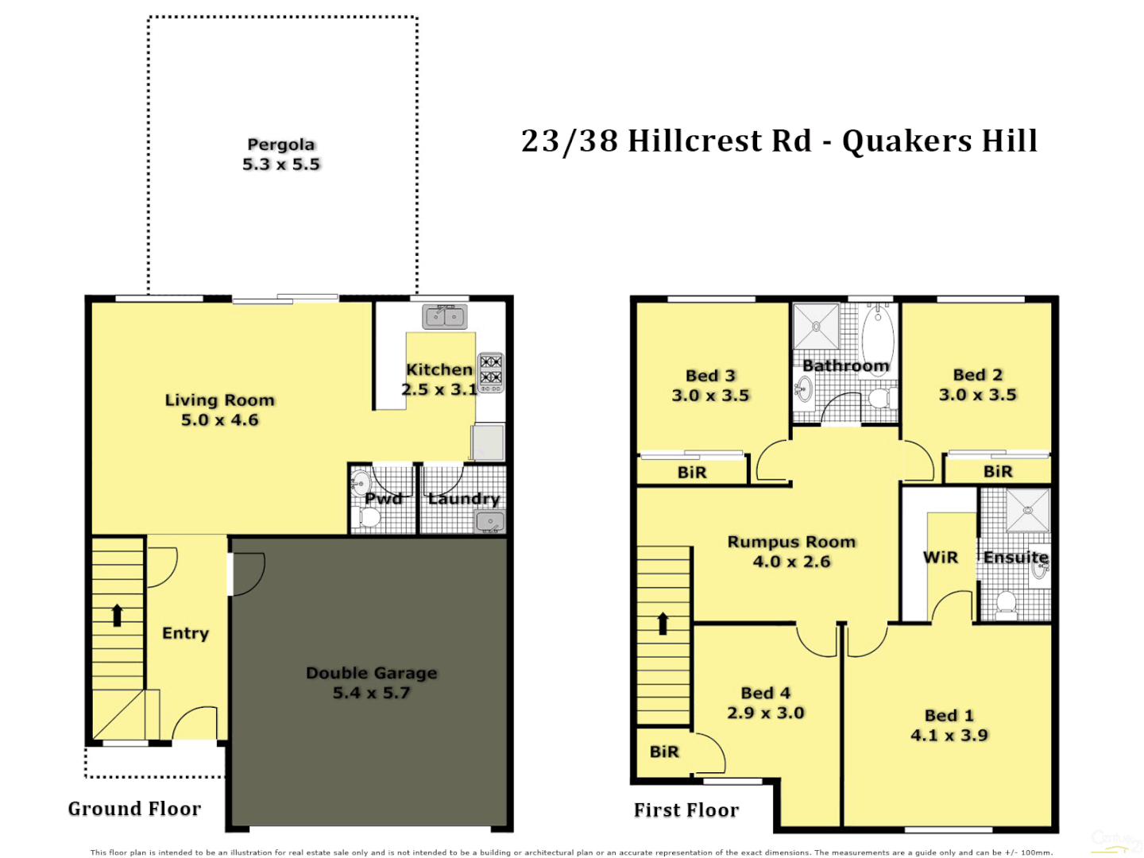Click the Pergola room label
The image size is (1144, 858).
281,145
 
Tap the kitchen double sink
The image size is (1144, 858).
445,316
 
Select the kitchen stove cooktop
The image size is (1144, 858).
491,371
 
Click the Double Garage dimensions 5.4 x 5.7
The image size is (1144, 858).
371,693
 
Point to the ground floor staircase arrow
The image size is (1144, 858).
118,615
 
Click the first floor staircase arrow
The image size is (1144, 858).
663,623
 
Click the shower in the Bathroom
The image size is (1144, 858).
816,326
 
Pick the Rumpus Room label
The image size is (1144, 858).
791,542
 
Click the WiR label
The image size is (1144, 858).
941,558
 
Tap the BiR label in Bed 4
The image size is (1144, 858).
664,752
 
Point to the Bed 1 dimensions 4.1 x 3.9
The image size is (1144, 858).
949,736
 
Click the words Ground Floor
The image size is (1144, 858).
134,809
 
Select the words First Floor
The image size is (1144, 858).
686,810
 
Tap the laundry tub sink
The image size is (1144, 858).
489,522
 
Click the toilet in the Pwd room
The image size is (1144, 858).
369,517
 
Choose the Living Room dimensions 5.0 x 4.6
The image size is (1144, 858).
220,420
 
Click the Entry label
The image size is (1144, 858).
185,633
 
